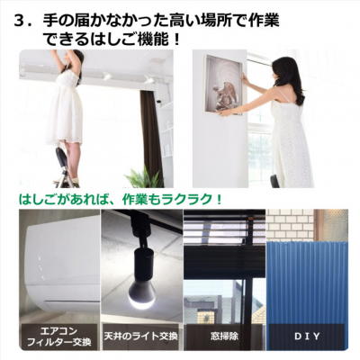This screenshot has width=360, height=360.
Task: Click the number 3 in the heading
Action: coord(20,21)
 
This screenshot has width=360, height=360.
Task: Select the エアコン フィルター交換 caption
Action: coord(59,337)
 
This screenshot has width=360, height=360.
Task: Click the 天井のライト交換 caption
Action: coord(140,336)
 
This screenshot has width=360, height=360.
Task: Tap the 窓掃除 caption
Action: coord(224,336)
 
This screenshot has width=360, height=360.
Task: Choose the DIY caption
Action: coord(307,336)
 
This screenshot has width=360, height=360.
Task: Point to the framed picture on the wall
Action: coord(223,85)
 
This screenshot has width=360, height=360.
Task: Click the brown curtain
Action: coord(151,135)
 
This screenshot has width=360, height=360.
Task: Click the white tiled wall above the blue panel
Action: coord(290,224)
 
